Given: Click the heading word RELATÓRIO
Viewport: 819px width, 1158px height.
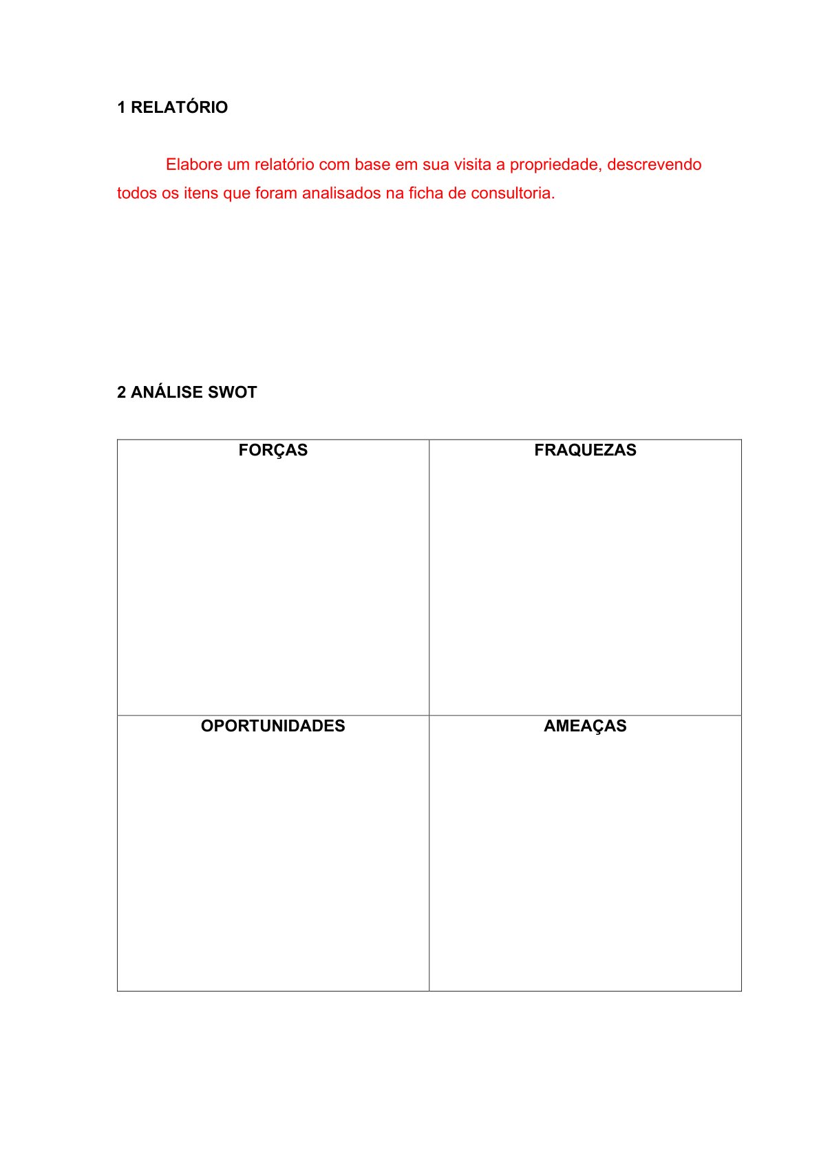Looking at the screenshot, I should coord(179,107).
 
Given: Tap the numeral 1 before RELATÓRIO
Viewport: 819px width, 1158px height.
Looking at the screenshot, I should coord(121,107).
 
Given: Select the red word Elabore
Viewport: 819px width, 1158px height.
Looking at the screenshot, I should coord(193,164).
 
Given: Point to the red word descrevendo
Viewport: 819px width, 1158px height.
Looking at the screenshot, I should coord(654,164).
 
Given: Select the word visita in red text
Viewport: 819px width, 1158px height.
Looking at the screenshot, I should coord(472,164).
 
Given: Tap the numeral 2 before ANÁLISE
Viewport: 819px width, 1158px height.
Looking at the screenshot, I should coord(121,392).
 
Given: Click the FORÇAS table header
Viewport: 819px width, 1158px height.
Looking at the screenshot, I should coord(273,450).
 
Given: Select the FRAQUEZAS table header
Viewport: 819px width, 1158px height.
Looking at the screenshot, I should coord(585,450).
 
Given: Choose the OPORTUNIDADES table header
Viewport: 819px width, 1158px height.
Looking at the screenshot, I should coord(273,726).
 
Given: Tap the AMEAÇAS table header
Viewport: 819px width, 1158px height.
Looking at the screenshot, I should coord(585,726).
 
